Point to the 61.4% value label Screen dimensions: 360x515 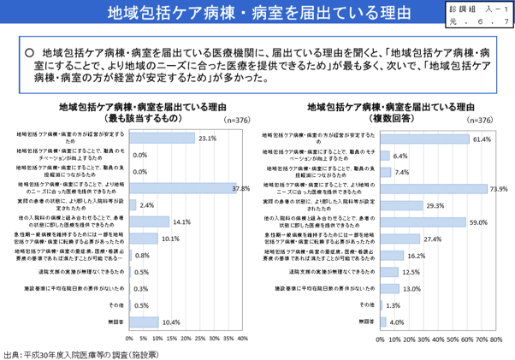[480, 138]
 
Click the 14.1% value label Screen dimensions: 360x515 [181, 221]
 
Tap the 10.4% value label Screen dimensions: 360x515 [171, 322]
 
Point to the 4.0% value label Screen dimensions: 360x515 [397, 322]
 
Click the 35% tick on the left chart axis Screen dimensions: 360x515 [233, 338]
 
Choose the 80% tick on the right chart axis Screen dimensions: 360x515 [491, 339]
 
